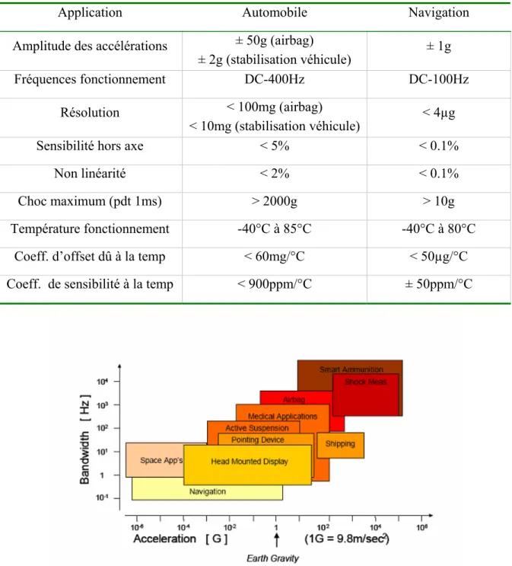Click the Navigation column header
tap(438, 13)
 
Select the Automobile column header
tap(275, 13)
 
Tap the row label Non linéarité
tap(90, 174)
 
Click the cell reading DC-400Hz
tap(275, 79)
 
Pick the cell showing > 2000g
tap(275, 201)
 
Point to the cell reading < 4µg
tap(438, 113)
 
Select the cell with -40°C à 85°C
tap(275, 229)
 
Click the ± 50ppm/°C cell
tap(438, 284)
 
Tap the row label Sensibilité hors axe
tap(90, 145)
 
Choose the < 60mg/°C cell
tap(275, 257)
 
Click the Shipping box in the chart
tap(340, 446)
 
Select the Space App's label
tap(161, 461)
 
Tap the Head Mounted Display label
tap(250, 462)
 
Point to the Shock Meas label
tap(365, 382)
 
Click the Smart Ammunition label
tap(351, 369)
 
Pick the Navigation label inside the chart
tap(208, 491)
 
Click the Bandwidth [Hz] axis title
tap(85, 440)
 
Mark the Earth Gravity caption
tap(272, 558)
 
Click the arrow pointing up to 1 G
tap(277, 540)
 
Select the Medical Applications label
tap(282, 416)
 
